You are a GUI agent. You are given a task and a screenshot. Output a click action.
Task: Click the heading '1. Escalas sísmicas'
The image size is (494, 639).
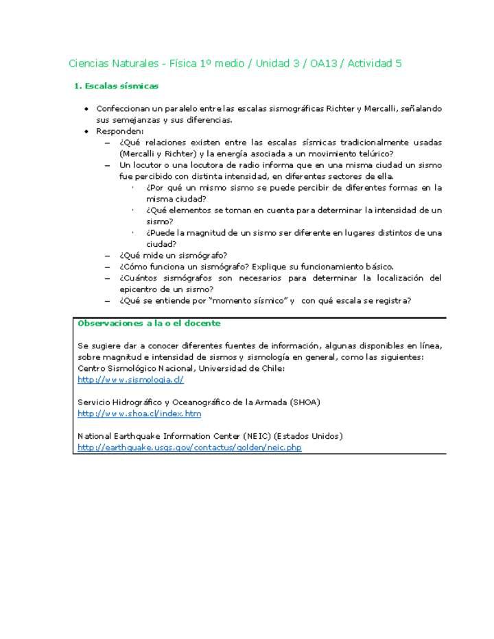tap(116, 86)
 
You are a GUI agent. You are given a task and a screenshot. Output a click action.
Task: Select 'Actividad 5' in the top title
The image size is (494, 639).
tap(375, 64)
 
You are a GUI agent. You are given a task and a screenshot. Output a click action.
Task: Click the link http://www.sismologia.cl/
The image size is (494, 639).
tap(130, 379)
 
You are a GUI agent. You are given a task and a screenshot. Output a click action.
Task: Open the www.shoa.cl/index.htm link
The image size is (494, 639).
tap(139, 413)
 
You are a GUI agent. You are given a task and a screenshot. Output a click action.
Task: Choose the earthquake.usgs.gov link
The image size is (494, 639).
tap(189, 448)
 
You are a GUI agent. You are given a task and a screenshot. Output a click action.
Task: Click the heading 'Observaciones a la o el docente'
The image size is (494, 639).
tap(149, 323)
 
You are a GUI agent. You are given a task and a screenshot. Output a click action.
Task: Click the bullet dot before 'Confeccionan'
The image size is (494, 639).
tap(86, 109)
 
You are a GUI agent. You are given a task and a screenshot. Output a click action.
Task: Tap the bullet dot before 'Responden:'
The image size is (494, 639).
tap(86, 131)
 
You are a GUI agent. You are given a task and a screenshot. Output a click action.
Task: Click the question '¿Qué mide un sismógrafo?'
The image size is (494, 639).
tap(173, 255)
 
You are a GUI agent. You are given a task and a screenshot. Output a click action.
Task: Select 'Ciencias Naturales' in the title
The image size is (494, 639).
tap(113, 64)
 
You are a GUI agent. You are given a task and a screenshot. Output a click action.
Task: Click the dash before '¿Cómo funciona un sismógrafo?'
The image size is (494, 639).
tap(108, 267)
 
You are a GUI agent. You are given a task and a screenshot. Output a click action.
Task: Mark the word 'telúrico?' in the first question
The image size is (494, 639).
tap(375, 154)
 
